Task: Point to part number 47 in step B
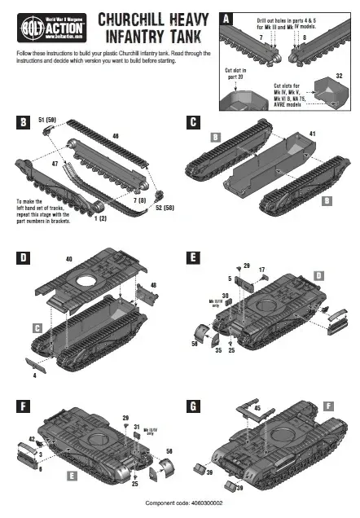click(x=55, y=164)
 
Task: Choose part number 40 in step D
click(x=69, y=259)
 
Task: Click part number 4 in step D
click(x=34, y=375)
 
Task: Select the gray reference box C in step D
click(x=37, y=327)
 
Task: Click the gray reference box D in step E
click(x=319, y=277)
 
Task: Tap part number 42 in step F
click(x=32, y=439)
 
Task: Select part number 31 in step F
click(x=137, y=426)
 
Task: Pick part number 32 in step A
click(x=339, y=74)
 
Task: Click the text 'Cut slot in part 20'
click(x=237, y=74)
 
